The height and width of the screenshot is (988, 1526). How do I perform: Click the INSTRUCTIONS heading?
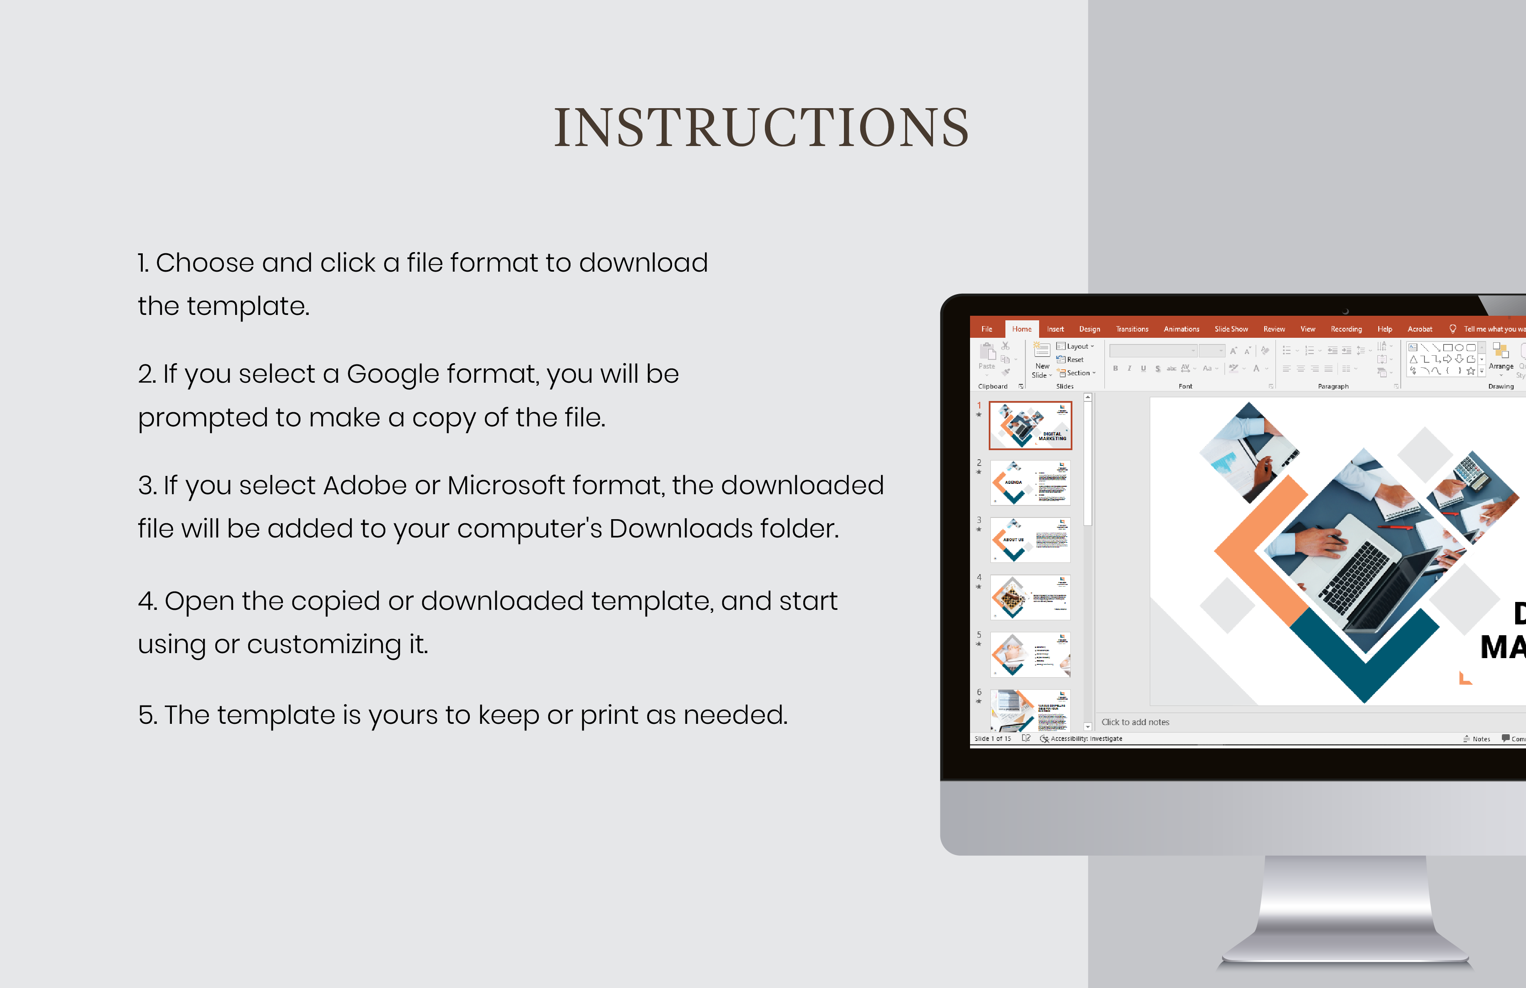(761, 128)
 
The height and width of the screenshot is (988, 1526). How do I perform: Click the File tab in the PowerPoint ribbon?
(986, 329)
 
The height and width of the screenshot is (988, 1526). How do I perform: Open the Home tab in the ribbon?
(1021, 329)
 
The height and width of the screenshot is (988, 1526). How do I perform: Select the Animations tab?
(1181, 329)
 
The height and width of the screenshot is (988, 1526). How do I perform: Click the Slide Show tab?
(1231, 329)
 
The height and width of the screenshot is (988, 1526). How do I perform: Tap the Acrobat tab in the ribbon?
(1419, 329)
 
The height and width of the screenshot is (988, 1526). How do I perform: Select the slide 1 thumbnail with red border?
(1030, 425)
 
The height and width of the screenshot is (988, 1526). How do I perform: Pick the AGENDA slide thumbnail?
(1030, 483)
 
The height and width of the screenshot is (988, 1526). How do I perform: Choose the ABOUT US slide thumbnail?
(1030, 540)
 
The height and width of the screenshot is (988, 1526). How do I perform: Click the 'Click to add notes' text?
(1135, 722)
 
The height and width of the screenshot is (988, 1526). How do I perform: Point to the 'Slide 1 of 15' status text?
(992, 738)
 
